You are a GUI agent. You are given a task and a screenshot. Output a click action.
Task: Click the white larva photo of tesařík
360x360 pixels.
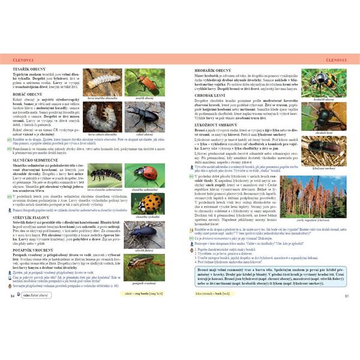coord(101,81)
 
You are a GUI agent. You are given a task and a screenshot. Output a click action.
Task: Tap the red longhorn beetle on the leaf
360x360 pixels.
coord(144,81)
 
